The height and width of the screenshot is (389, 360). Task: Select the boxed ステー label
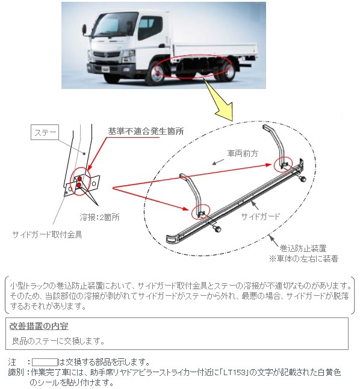(x=45, y=133)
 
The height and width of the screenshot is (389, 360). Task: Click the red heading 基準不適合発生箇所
(x=146, y=132)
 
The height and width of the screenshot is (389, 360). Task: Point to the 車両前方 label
(x=243, y=153)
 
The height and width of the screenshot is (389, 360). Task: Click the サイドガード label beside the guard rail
(x=261, y=216)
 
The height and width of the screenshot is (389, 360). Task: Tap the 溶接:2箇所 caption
(x=99, y=217)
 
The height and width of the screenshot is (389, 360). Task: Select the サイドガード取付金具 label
(x=47, y=234)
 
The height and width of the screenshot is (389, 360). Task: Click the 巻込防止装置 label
(x=303, y=248)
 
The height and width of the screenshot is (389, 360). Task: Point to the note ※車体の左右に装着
(x=303, y=259)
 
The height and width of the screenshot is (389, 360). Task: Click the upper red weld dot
(x=79, y=179)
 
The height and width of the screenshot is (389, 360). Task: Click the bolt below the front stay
(x=217, y=228)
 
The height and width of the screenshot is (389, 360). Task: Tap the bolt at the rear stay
(x=302, y=178)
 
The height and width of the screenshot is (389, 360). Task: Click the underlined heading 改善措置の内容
(x=39, y=326)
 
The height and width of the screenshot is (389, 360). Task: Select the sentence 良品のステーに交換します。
(x=58, y=341)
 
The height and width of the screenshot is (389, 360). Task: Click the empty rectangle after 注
(x=45, y=362)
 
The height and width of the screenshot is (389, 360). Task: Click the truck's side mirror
(x=84, y=29)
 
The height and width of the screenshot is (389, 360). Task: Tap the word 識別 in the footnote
(x=16, y=372)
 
